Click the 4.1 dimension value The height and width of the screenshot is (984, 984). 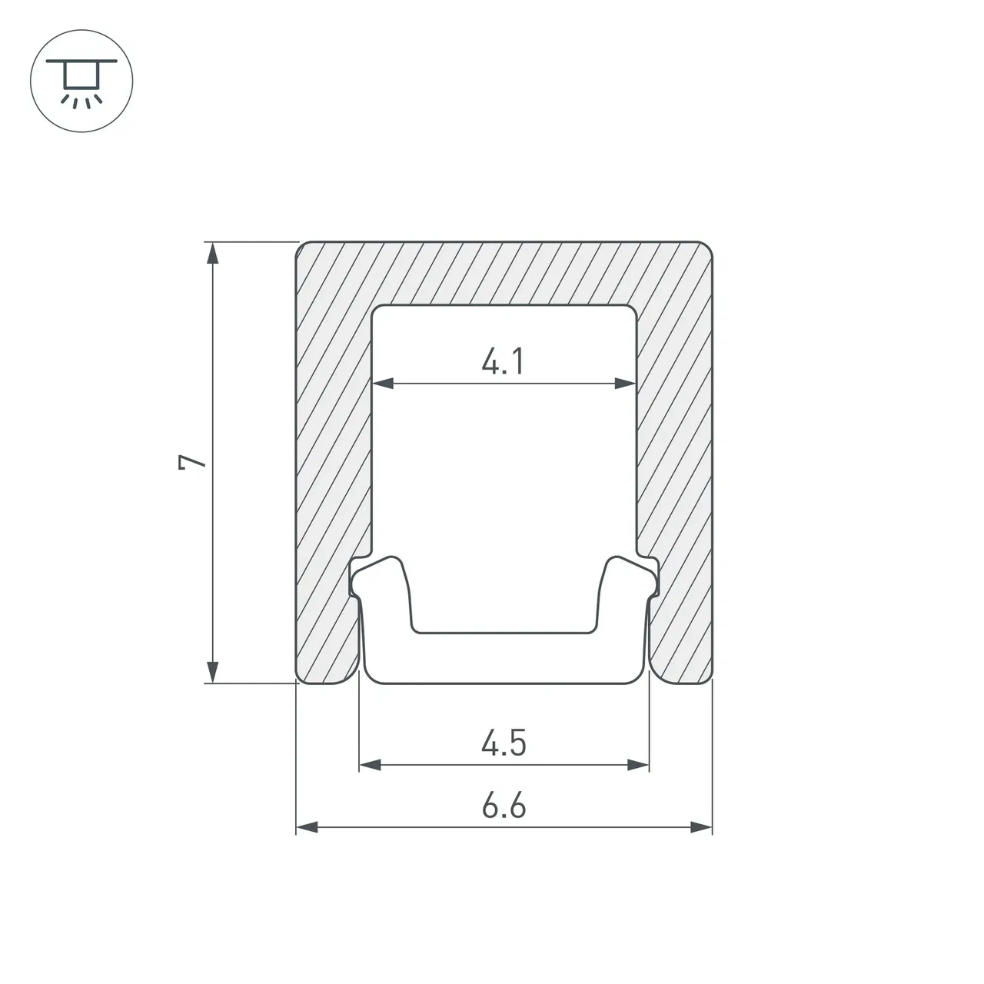[503, 361]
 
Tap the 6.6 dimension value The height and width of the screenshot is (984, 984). [504, 806]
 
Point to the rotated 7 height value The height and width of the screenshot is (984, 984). [192, 461]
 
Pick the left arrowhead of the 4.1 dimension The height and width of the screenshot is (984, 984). [383, 383]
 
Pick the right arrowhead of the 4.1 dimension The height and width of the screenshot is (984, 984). [626, 383]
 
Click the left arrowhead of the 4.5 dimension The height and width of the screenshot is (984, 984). [371, 765]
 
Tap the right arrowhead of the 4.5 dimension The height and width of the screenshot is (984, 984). [638, 765]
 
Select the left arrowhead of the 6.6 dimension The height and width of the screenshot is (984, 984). [307, 827]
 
